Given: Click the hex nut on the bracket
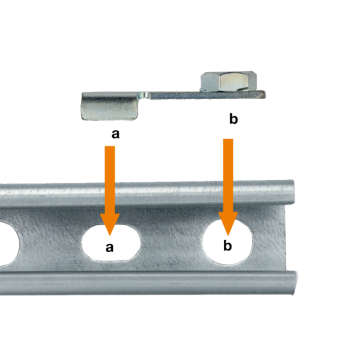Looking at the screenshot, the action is (229, 81).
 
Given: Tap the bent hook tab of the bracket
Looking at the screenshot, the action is (110, 106).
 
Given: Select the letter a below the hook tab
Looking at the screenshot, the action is (115, 134).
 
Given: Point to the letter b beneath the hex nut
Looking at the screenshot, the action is (233, 119).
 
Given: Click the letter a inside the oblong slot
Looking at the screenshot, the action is (110, 248).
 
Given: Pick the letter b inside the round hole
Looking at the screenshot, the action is (227, 246).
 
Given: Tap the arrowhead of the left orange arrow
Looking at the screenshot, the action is (110, 224).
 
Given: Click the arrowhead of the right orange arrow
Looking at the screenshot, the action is (228, 223).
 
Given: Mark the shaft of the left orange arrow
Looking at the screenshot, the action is (110, 180).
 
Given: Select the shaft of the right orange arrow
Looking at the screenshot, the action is (228, 176).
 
